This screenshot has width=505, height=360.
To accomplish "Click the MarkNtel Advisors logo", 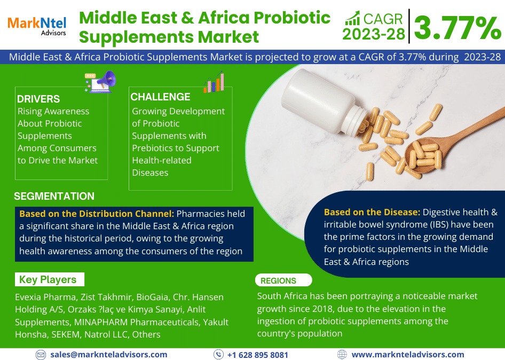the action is pos(37,26).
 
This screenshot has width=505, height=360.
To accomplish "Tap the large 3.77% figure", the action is pos(457,28).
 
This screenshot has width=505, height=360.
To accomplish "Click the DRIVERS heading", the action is pos(38,99).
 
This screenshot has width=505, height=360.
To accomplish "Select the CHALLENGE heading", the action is pos(160,97).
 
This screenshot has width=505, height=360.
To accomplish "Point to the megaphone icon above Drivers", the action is pos(100,82).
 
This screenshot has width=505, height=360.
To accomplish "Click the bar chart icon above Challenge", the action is pos(214,82).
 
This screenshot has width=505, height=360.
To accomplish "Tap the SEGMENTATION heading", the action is pos(54,196).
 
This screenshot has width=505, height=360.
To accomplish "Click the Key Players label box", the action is pos(50,279).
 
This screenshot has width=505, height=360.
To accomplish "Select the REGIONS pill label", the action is pos(283,280).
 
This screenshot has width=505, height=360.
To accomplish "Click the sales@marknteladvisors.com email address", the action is pos(108,355).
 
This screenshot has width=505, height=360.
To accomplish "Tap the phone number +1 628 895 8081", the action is pos(258,355).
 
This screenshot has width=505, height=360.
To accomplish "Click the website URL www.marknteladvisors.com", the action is pos(408,355).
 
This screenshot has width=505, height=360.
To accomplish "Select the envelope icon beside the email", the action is pos(41,355).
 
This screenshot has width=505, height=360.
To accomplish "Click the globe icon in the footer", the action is pos(342,355).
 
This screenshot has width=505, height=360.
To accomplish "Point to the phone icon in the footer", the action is pos(218,355).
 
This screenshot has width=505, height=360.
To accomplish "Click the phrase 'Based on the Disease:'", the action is pos(372,212).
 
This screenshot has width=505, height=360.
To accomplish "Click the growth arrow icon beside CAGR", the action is pos(352,18).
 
